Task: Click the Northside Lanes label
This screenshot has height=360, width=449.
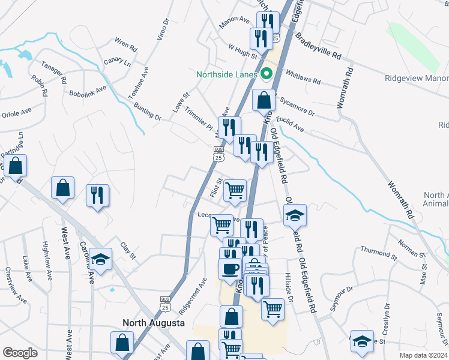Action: click(227, 75)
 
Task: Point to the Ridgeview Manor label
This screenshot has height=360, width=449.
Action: click(417, 79)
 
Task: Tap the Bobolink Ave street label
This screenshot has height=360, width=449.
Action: click(88, 91)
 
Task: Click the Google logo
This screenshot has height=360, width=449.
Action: click(20, 353)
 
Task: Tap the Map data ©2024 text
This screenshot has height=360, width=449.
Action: click(423, 355)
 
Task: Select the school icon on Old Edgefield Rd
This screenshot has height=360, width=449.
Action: click(295, 215)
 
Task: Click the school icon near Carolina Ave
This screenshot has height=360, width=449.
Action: click(101, 259)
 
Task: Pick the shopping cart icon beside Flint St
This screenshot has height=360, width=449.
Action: click(235, 191)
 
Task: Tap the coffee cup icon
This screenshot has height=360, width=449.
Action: click(231, 268)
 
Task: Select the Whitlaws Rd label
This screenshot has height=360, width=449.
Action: click(304, 76)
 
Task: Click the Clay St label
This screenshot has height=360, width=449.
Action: click(128, 252)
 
